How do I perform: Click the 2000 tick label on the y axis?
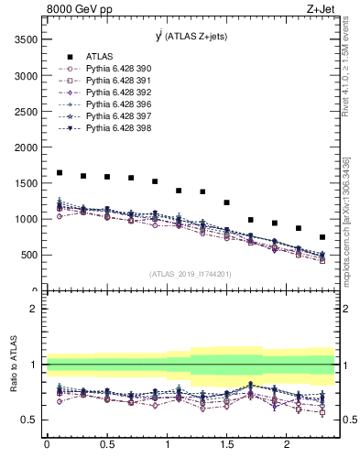pyautogui.click(x=27, y=147)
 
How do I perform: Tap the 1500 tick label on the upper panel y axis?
pyautogui.click(x=27, y=183)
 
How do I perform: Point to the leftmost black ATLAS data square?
pyautogui.click(x=60, y=172)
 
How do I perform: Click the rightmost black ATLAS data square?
pyautogui.click(x=322, y=237)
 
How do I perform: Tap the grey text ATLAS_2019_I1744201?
pyautogui.click(x=191, y=274)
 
